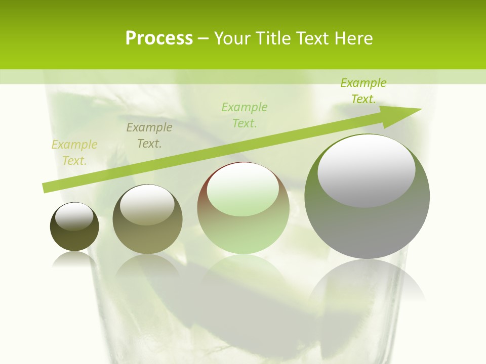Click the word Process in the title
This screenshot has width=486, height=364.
159,38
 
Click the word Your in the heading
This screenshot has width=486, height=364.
232,38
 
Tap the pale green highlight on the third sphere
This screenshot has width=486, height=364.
242,190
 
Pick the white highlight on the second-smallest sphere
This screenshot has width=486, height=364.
147,205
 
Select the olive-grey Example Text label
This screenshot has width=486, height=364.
149,135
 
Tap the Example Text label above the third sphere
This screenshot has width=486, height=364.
245,115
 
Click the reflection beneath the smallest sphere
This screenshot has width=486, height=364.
74,260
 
